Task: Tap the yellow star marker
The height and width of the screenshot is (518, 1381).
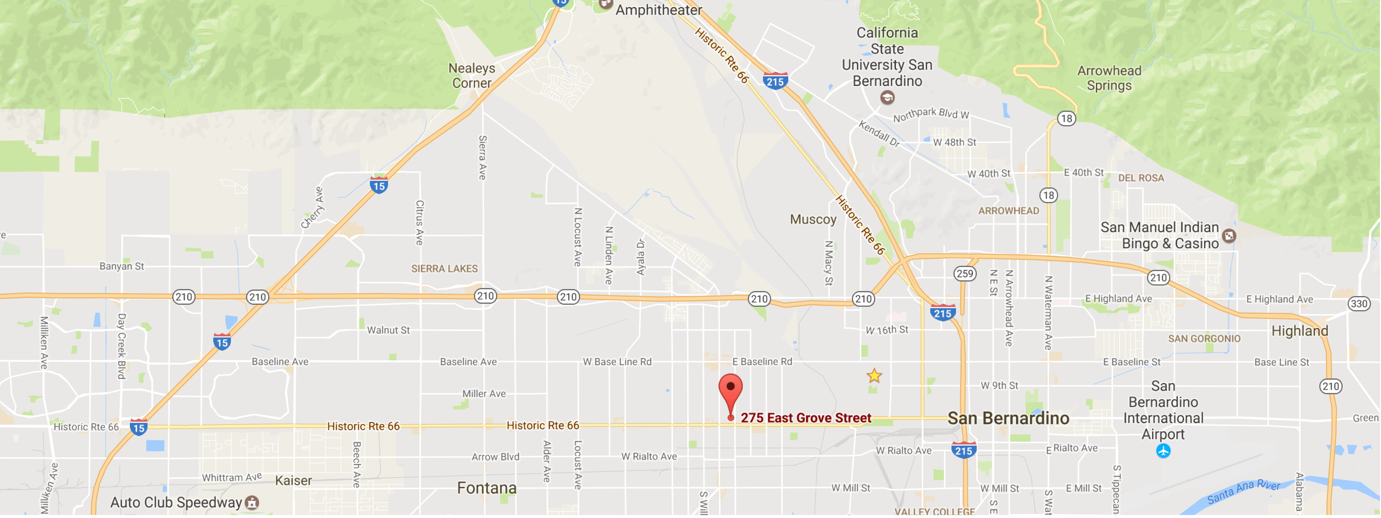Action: pos(874,377)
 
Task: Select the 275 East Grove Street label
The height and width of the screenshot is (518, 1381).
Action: pos(806,418)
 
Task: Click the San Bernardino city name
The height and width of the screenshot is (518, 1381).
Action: pos(1008,419)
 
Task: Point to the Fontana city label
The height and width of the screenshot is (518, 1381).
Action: pos(487,488)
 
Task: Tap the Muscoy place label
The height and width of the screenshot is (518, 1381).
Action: pos(813,219)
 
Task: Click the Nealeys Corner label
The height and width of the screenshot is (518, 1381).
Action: pos(471,76)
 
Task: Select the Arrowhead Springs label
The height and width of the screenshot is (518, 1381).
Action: pos(1109,78)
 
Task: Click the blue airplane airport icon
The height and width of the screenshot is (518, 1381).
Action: pos(1163,451)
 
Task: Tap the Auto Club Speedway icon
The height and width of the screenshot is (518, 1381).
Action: pos(252,503)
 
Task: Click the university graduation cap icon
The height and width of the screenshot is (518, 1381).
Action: pos(887,98)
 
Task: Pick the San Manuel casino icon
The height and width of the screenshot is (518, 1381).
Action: pos(1229,236)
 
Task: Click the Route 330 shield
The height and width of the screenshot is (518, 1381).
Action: pos(1358,304)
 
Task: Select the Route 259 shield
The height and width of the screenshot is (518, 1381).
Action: pos(964,273)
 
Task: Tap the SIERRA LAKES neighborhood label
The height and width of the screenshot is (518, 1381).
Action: pos(444,269)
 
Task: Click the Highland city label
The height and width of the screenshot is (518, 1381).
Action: pos(1299,331)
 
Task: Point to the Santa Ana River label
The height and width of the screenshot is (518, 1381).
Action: pos(1243,491)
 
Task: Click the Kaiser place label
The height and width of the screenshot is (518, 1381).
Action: pos(293,481)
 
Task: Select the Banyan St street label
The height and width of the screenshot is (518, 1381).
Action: pos(122,266)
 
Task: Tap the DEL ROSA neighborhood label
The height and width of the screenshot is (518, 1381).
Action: pos(1141,178)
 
